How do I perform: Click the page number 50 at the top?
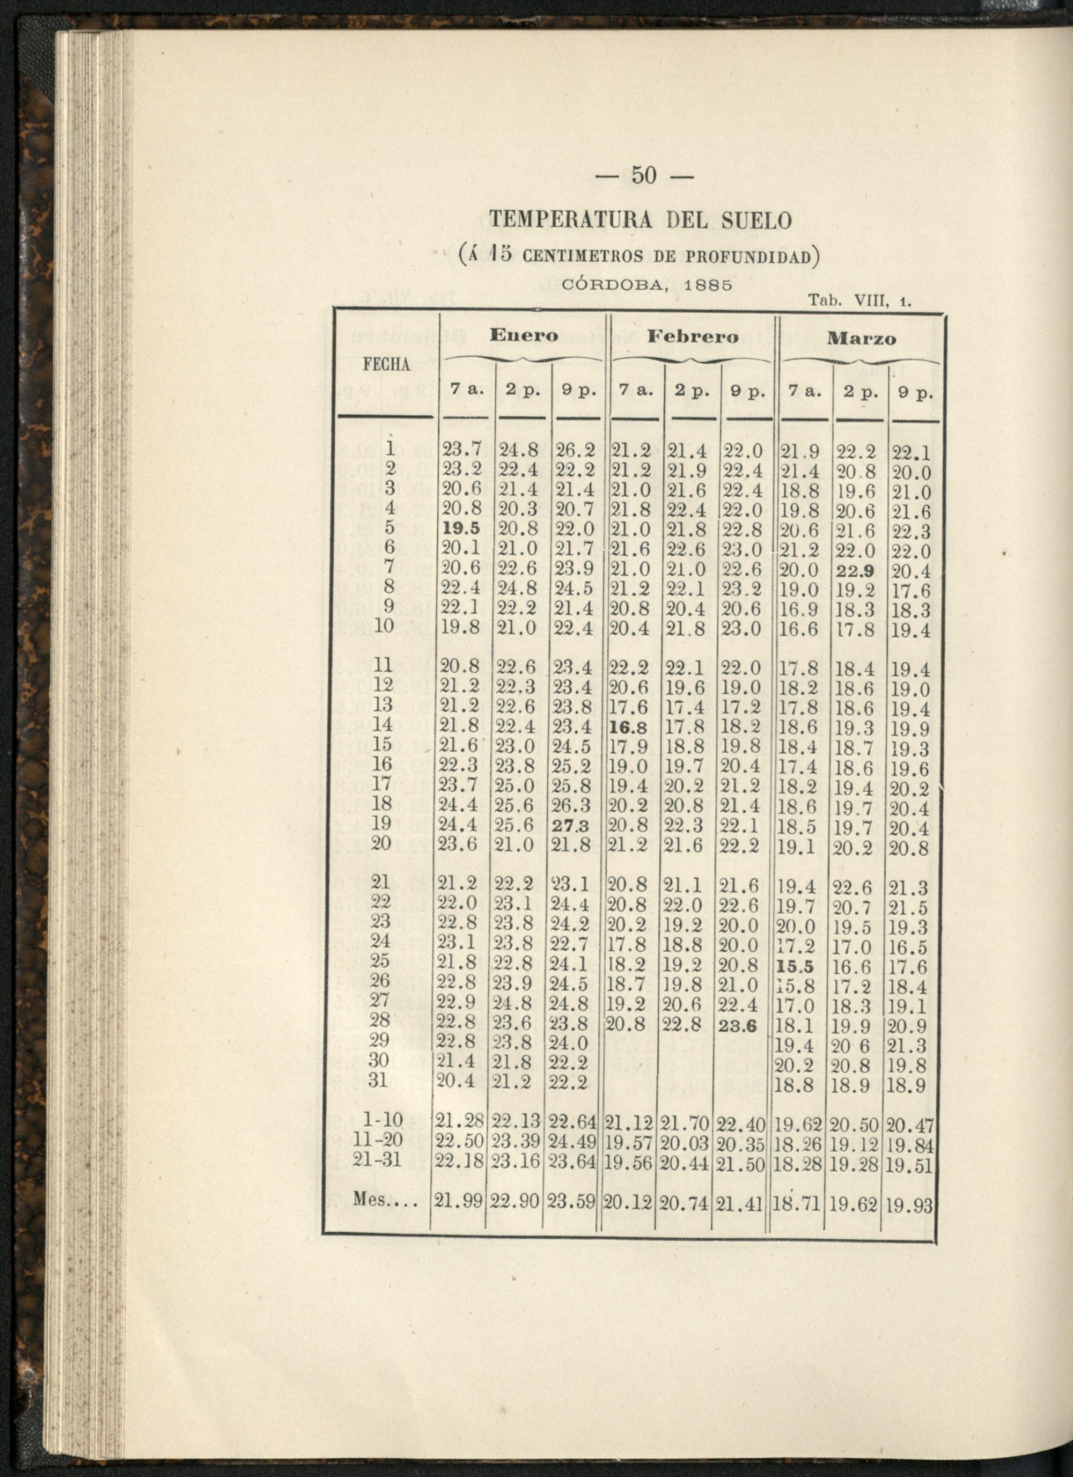tap(644, 177)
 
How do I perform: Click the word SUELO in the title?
tap(756, 221)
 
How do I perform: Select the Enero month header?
tap(524, 336)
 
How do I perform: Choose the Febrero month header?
tap(693, 337)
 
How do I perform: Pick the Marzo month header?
tap(862, 339)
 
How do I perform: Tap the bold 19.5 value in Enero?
tap(461, 528)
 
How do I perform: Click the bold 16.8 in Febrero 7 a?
tap(628, 726)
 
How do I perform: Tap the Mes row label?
tap(379, 1199)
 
